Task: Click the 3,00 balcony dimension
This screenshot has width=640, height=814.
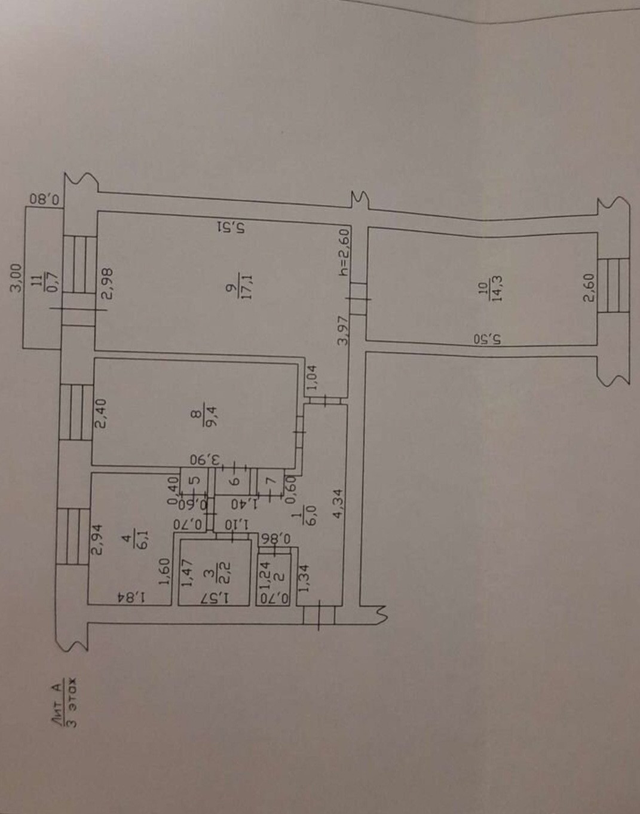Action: pyautogui.click(x=17, y=278)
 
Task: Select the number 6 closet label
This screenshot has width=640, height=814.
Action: pyautogui.click(x=234, y=480)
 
